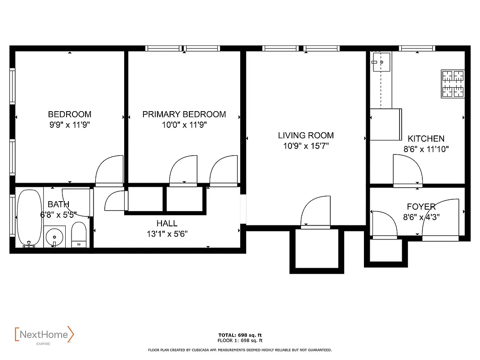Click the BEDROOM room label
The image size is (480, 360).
[x=70, y=114]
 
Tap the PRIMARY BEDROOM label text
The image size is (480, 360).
[x=184, y=114]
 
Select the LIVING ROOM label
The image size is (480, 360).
[x=305, y=135]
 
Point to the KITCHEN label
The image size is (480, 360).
[x=426, y=139]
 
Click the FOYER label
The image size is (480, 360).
[x=421, y=207]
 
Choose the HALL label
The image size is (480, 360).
[x=167, y=223]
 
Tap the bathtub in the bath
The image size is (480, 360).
[x=28, y=218]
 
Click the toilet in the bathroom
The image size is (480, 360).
[x=79, y=234]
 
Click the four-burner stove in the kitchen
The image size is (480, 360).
[x=453, y=84]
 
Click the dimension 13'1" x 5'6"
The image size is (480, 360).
[x=167, y=234]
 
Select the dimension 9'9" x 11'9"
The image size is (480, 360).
[x=70, y=125]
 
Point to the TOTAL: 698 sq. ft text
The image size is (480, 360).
[x=240, y=335]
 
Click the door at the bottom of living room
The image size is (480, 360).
[x=316, y=212]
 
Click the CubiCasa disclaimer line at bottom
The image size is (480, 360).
[x=240, y=350]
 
